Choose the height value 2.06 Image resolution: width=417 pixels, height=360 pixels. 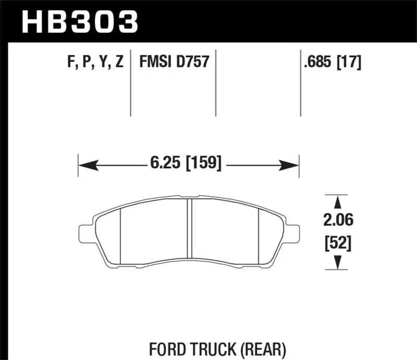tap(338, 221)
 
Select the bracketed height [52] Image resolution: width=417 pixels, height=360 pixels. tap(338, 243)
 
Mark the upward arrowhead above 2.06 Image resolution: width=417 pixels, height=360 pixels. tap(338, 202)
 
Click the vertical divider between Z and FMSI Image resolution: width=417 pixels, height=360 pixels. tap(130, 83)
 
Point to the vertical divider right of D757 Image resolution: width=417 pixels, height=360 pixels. tap(216, 83)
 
